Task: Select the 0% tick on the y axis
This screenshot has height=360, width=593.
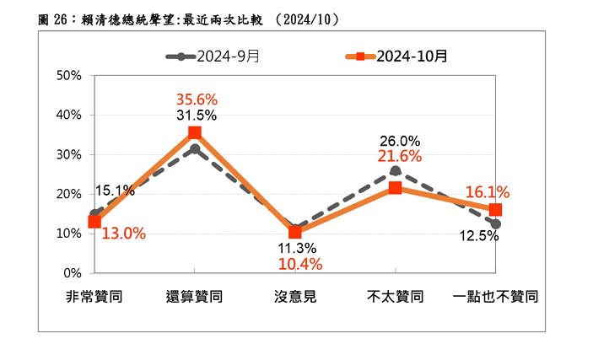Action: [72, 273]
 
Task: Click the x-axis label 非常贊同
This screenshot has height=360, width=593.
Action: [94, 297]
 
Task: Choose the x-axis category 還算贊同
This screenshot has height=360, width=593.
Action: [195, 297]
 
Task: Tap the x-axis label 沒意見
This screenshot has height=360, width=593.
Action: [295, 297]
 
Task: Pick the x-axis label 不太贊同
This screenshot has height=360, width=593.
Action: [395, 297]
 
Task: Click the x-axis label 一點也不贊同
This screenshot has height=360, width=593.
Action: [495, 297]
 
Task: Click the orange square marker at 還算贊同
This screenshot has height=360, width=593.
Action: [195, 132]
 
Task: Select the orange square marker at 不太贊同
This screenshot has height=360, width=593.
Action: [395, 188]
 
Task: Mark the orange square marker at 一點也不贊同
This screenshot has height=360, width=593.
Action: [495, 210]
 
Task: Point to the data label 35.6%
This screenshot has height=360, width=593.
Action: [195, 98]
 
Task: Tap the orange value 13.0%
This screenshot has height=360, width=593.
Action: [124, 233]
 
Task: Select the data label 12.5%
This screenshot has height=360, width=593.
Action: [477, 236]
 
